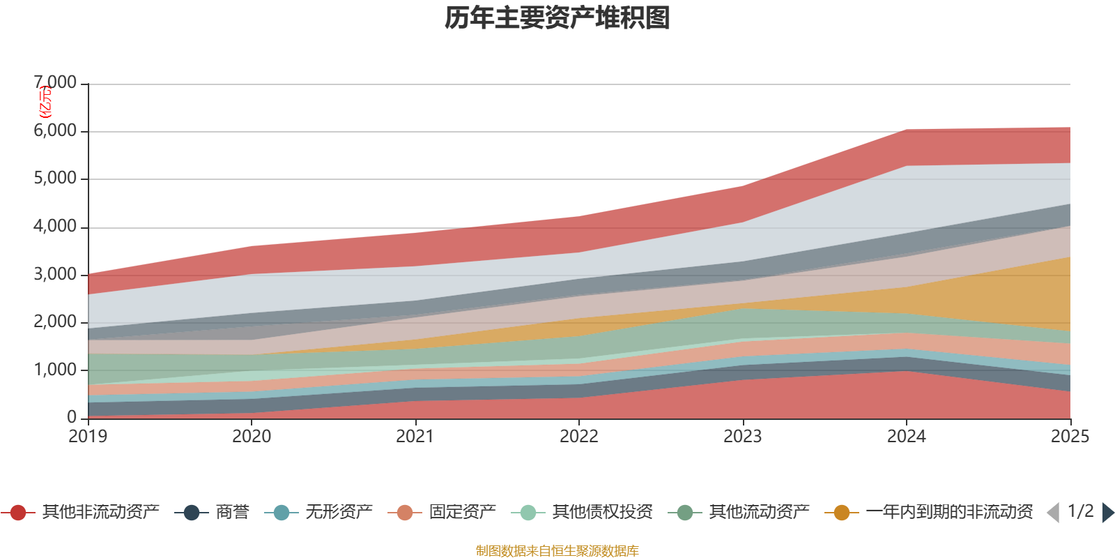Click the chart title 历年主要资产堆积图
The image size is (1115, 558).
pyautogui.click(x=557, y=18)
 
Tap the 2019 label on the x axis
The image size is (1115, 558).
pyautogui.click(x=88, y=437)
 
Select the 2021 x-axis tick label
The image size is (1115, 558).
pyautogui.click(x=415, y=437)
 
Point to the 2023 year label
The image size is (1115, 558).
pyautogui.click(x=742, y=437)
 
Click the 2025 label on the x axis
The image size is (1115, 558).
pyautogui.click(x=1069, y=437)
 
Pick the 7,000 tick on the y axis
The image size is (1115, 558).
pyautogui.click(x=56, y=83)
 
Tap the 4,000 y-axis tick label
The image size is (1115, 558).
pyautogui.click(x=56, y=227)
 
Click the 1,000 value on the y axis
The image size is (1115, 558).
pyautogui.click(x=56, y=370)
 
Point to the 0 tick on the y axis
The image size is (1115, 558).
pyautogui.click(x=72, y=417)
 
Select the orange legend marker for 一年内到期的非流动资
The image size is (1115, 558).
pyautogui.click(x=842, y=513)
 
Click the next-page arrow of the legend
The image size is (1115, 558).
pyautogui.click(x=1107, y=513)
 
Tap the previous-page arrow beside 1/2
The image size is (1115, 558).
pyautogui.click(x=1053, y=513)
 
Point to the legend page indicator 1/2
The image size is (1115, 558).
pyautogui.click(x=1080, y=511)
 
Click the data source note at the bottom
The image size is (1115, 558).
pyautogui.click(x=557, y=551)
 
